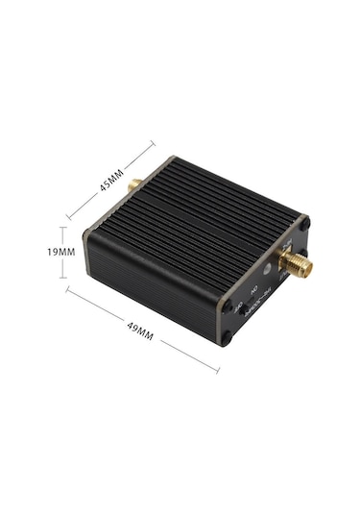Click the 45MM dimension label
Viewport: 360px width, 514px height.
click(110, 180)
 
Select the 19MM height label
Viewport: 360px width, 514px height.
click(34, 252)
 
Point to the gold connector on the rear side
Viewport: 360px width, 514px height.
click(136, 183)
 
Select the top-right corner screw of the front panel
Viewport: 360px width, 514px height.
click(305, 223)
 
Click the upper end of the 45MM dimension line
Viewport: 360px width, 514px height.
click(154, 144)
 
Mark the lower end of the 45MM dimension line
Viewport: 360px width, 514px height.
click(68, 217)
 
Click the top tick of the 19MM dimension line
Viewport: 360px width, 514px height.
click(63, 228)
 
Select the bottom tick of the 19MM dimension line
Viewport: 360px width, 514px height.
click(63, 278)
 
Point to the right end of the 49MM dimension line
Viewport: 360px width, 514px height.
click(219, 370)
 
